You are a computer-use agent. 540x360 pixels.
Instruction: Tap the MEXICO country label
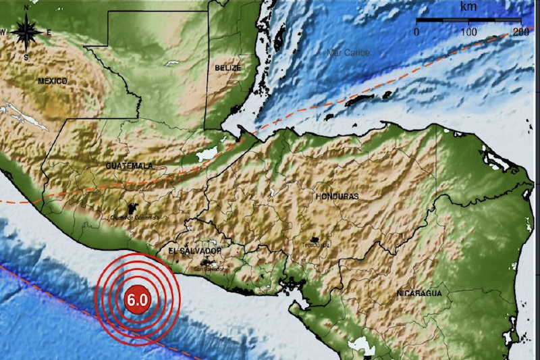pyautogui.click(x=53, y=81)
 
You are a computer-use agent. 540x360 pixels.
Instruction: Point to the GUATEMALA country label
pyautogui.click(x=130, y=165)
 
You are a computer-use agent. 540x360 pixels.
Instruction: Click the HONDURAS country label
pyautogui.click(x=336, y=196)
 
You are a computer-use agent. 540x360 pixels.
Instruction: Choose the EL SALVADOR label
pyautogui.click(x=195, y=251)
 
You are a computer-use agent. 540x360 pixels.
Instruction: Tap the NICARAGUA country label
pyautogui.click(x=419, y=293)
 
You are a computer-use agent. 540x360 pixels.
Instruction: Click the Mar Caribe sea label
pyautogui.click(x=348, y=52)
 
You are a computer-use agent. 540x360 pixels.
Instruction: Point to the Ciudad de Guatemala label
pyautogui.click(x=136, y=217)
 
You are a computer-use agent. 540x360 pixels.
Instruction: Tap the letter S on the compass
pyautogui.click(x=26, y=57)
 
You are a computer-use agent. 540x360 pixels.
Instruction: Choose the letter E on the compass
pyautogui.click(x=49, y=32)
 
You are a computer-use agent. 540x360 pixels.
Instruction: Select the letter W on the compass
pyautogui.click(x=3, y=32)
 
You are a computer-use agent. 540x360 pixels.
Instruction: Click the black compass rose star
pyautogui.click(x=26, y=32)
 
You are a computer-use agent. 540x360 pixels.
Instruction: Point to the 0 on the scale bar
pyautogui.click(x=416, y=32)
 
